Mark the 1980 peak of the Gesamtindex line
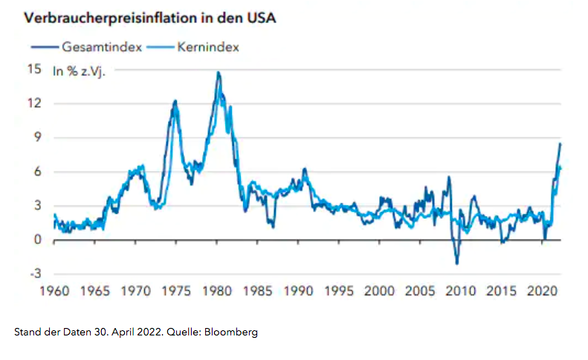tap(218, 72)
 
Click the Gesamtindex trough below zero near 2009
tap(456, 263)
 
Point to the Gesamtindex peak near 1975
tap(175, 100)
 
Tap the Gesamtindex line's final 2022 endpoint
tap(560, 144)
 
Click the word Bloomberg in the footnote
tap(231, 332)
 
